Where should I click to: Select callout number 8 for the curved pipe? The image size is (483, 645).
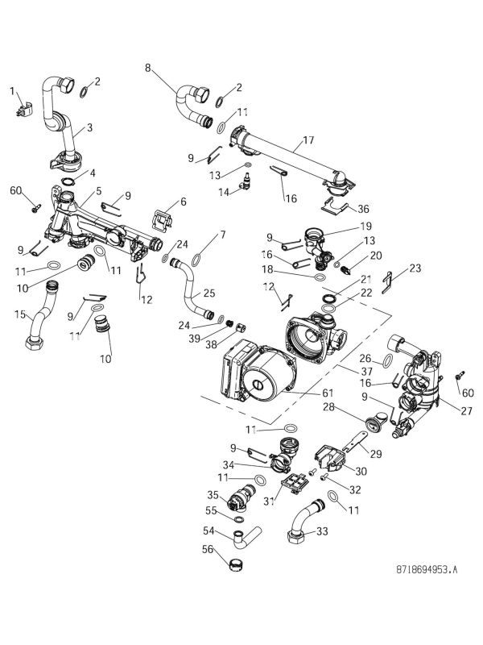[x=147, y=69]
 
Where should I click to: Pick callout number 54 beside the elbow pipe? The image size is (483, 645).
[x=208, y=530]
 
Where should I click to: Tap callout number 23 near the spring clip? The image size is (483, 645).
[x=415, y=268]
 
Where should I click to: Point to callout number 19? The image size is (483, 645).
[x=344, y=226]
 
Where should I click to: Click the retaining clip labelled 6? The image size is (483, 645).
[x=166, y=218]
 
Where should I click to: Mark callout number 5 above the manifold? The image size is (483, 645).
[x=99, y=191]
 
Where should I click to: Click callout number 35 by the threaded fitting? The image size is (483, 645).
[x=213, y=494]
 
